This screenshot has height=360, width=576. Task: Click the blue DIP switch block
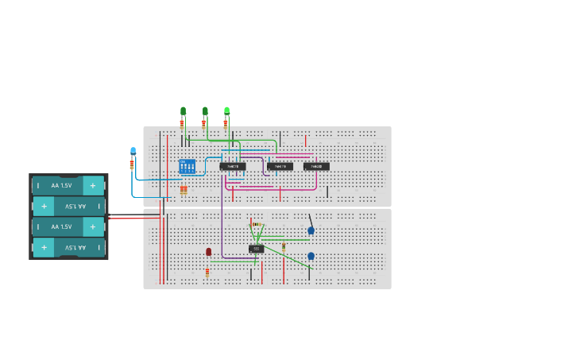tap(187, 166)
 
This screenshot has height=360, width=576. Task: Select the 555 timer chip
tap(256, 249)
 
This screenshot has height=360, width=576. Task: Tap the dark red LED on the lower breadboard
tap(208, 252)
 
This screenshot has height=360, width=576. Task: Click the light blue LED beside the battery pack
tap(133, 150)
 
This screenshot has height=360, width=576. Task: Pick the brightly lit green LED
tap(226, 110)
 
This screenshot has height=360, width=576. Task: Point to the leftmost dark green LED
tap(183, 111)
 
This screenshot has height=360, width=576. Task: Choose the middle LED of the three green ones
tap(205, 111)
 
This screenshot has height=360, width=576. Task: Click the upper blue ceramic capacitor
tap(311, 230)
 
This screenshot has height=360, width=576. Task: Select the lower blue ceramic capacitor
tap(311, 256)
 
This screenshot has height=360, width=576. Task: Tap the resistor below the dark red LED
tap(207, 272)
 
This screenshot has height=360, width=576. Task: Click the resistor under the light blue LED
tap(132, 165)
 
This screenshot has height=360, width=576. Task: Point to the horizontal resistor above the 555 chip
tap(256, 225)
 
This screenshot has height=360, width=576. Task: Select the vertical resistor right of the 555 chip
tap(284, 247)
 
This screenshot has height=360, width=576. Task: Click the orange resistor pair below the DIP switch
tap(184, 190)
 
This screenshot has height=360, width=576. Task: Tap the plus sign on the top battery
tap(93, 185)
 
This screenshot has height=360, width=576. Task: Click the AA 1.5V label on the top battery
tap(61, 185)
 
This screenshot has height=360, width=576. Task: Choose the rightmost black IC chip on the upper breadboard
tap(316, 166)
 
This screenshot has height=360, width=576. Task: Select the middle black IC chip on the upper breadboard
tap(280, 166)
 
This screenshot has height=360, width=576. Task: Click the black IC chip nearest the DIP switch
tap(233, 166)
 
